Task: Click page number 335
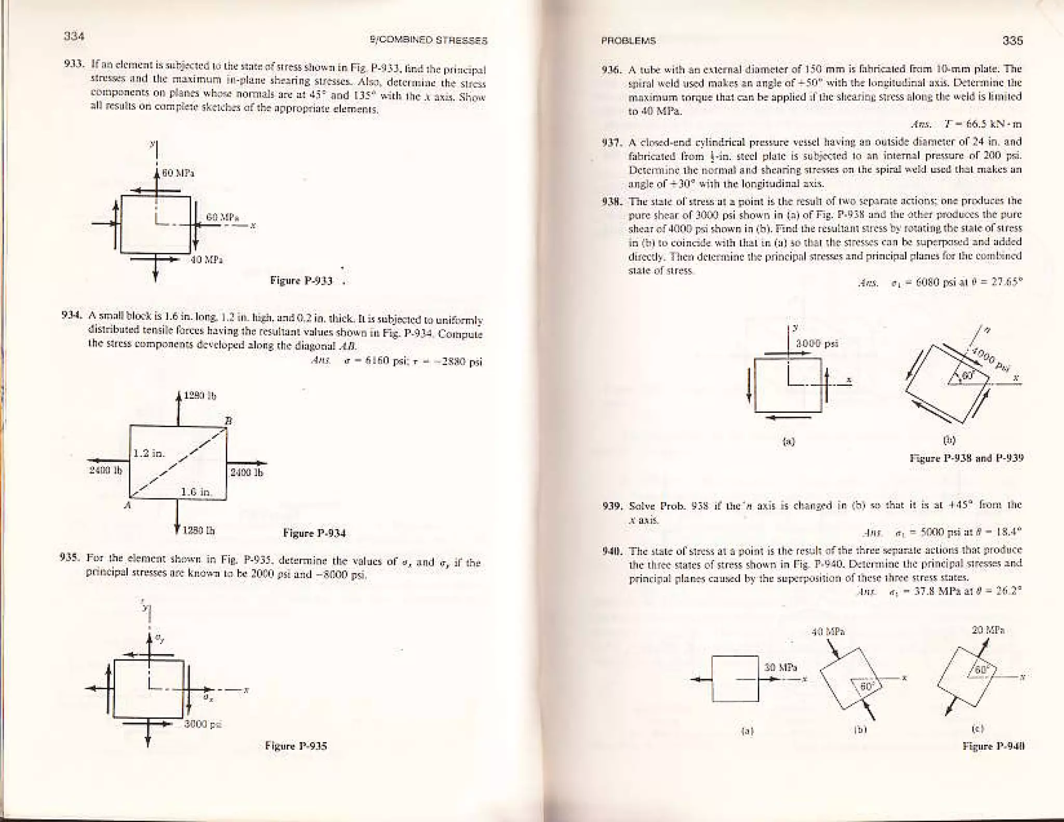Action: click(x=1013, y=41)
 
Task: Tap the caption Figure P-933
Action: click(x=301, y=281)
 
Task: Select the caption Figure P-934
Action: click(x=314, y=533)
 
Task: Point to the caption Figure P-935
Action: click(x=296, y=746)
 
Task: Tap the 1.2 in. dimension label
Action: click(x=149, y=453)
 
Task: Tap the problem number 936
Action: click(x=608, y=70)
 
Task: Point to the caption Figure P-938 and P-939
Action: click(x=966, y=458)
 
